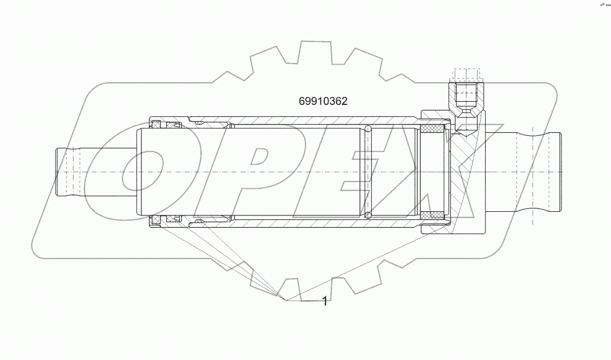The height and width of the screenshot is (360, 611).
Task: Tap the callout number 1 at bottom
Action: [325, 301]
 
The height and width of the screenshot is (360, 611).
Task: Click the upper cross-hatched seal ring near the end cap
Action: [432, 128]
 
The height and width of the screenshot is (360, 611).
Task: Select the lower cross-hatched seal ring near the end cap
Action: [432, 216]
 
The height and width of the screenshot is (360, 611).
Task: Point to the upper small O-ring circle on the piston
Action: [368, 129]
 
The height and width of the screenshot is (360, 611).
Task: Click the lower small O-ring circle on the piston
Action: [368, 215]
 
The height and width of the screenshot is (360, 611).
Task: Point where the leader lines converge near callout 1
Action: [285, 299]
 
